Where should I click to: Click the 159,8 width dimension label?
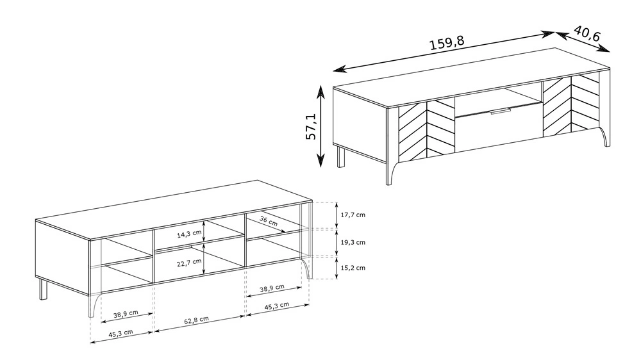pos(447,42)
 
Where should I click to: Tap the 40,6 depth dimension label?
pos(587,33)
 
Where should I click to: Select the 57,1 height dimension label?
pos(311,127)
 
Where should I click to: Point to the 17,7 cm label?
pos(353,215)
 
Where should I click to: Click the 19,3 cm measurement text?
pos(353,242)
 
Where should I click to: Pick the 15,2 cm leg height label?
pos(353,268)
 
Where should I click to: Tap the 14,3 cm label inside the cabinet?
pos(189,234)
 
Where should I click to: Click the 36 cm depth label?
pos(269,221)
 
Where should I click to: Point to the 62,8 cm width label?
pos(196,320)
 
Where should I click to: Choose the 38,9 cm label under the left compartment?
pos(126,314)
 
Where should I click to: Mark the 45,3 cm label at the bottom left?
pos(121,334)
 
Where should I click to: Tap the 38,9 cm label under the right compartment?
pos(272,289)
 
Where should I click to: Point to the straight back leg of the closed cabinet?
pos(340,158)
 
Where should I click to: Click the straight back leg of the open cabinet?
pos(43,290)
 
